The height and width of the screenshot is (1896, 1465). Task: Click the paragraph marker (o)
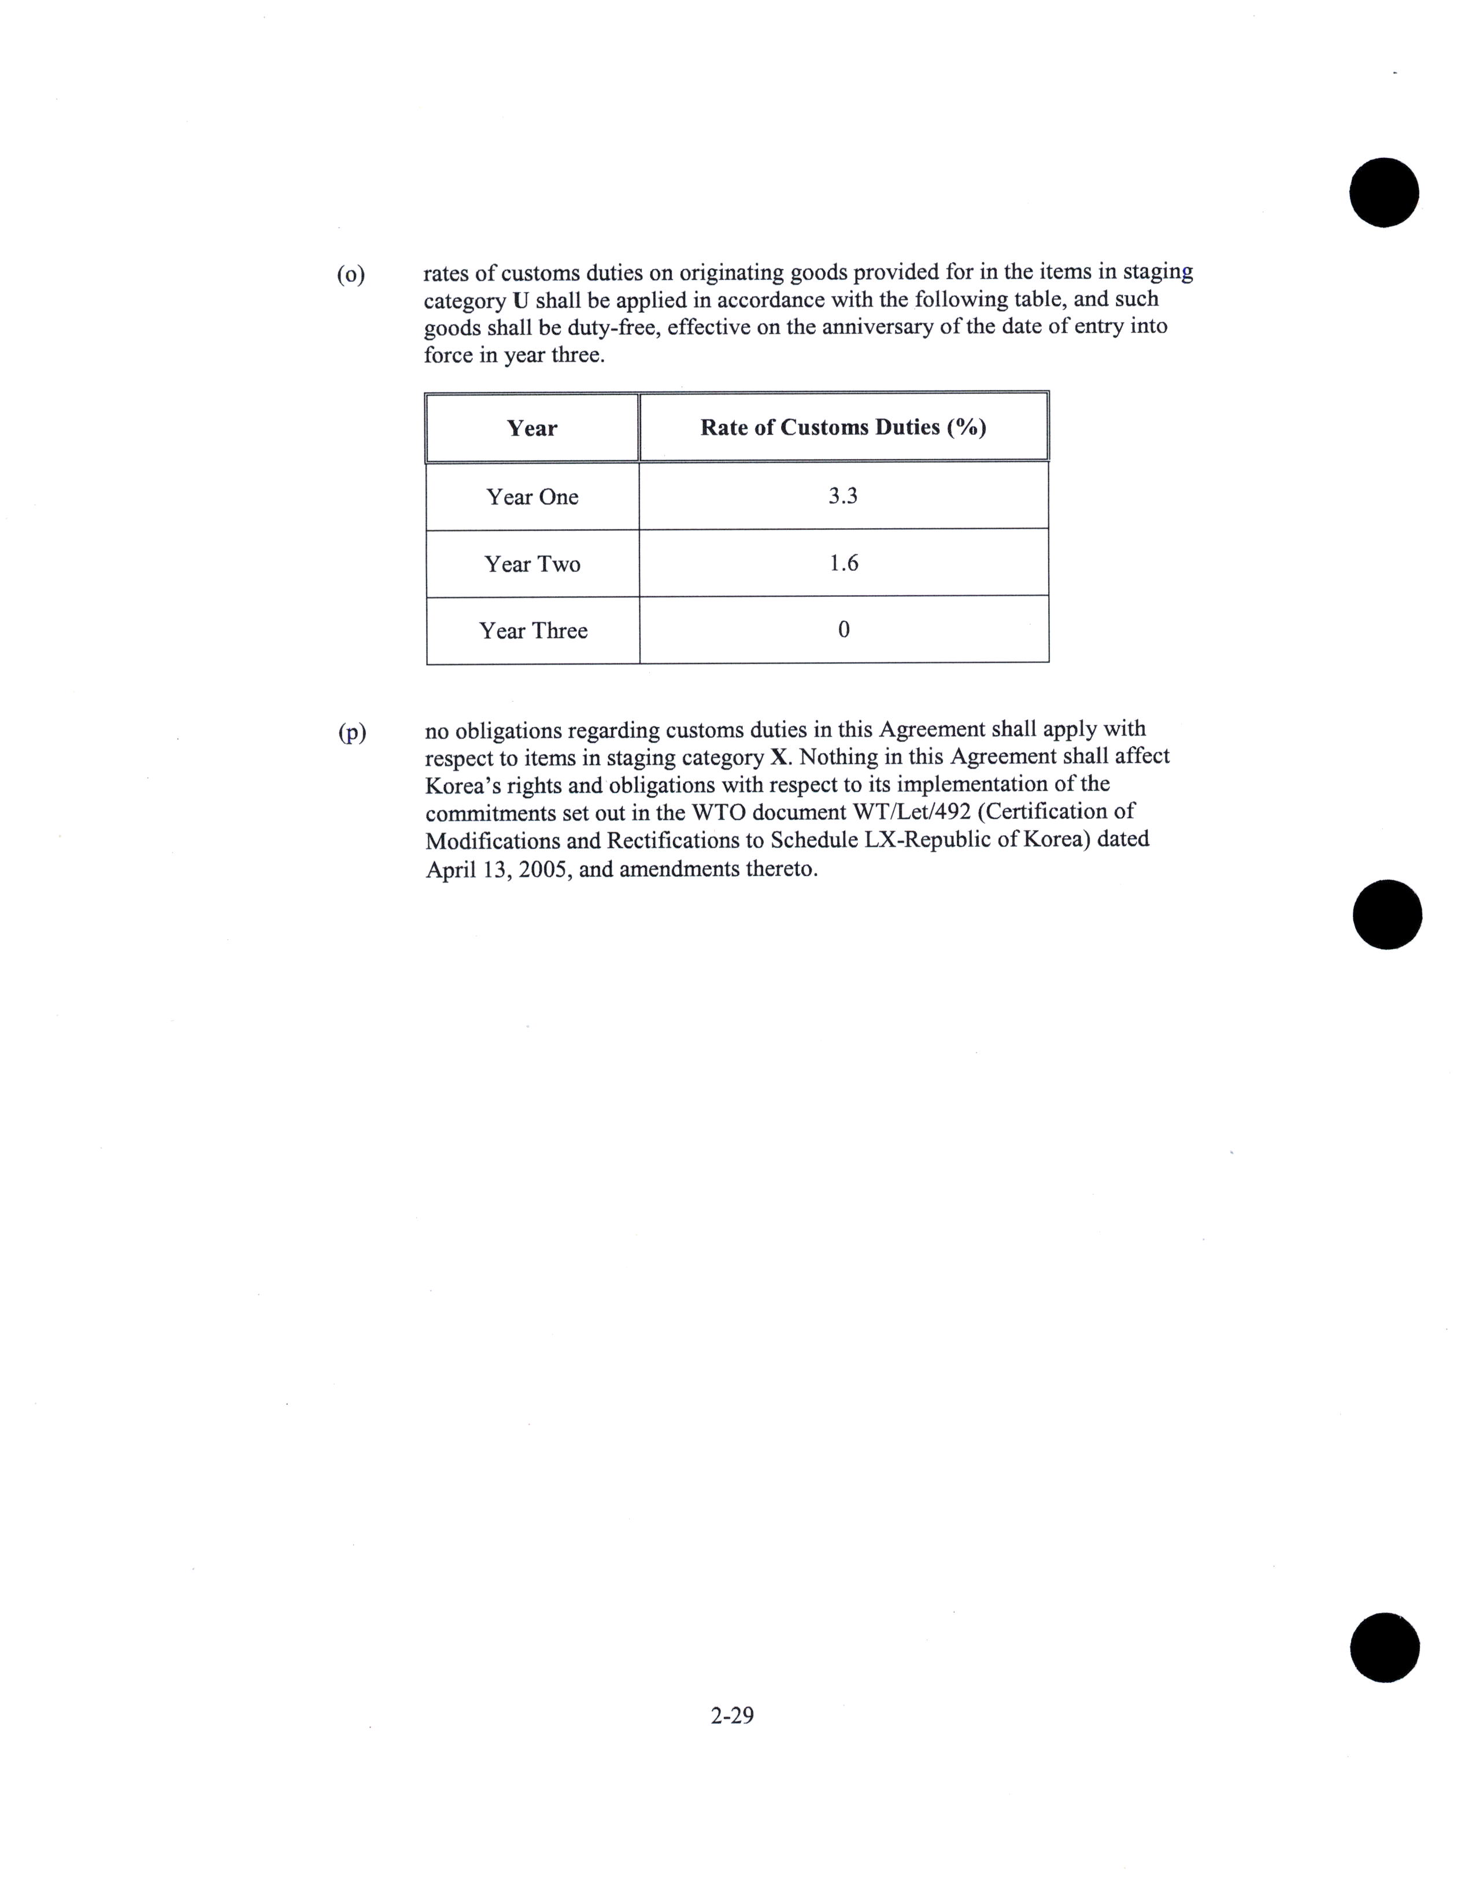pyautogui.click(x=350, y=275)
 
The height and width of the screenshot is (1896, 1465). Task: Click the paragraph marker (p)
pyautogui.click(x=352, y=733)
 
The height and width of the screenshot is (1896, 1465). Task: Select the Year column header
pyautogui.click(x=532, y=428)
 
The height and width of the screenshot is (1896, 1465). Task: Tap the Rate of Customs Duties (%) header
pyautogui.click(x=843, y=427)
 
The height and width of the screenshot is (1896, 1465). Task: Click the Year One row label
pyautogui.click(x=532, y=497)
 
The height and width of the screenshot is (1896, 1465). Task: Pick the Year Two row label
pyautogui.click(x=532, y=565)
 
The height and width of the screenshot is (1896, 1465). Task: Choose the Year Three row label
pyautogui.click(x=533, y=630)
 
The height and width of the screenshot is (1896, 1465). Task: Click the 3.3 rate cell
pyautogui.click(x=843, y=496)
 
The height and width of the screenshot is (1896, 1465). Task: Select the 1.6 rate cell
pyautogui.click(x=844, y=563)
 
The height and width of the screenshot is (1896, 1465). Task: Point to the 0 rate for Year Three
pyautogui.click(x=844, y=629)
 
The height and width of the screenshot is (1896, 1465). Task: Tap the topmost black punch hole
pyautogui.click(x=1383, y=193)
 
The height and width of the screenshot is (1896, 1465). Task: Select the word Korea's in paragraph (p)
pyautogui.click(x=464, y=785)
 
